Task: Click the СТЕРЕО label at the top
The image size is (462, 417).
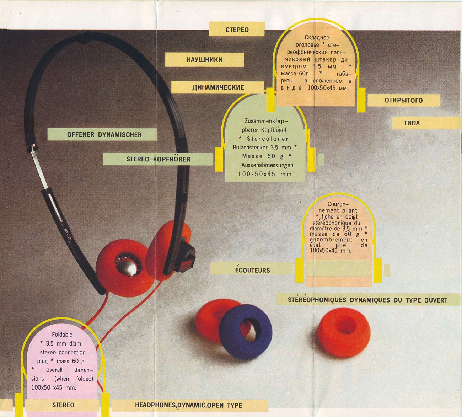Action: (237, 30)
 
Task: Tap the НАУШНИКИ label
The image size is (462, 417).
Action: (204, 60)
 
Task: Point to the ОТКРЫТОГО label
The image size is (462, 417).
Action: (403, 100)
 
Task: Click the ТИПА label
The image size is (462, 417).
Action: (412, 123)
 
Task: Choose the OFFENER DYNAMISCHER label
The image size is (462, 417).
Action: (104, 135)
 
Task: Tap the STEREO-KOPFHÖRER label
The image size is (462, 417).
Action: (158, 159)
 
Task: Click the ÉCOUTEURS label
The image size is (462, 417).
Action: (252, 270)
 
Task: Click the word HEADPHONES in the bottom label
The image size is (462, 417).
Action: (155, 405)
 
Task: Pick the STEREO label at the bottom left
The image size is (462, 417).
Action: (63, 405)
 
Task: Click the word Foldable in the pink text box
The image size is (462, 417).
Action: (62, 335)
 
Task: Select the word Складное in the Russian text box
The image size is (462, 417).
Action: (317, 38)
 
